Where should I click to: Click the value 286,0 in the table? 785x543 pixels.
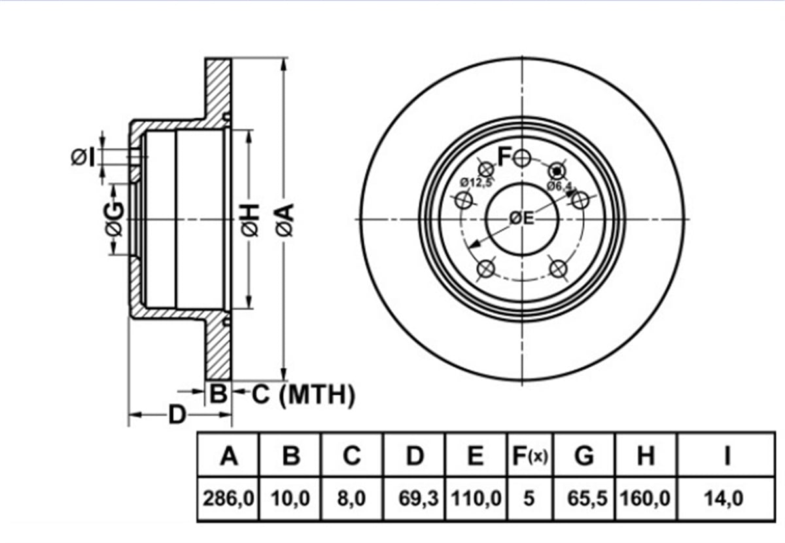(x=228, y=498)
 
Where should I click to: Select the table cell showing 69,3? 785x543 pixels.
(x=419, y=498)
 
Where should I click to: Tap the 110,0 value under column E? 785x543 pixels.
(x=476, y=498)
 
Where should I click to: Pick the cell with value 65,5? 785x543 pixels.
(x=587, y=498)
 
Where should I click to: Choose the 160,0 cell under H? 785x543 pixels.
(x=645, y=498)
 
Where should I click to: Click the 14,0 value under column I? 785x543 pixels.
(x=724, y=498)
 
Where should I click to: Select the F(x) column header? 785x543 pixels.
(x=529, y=455)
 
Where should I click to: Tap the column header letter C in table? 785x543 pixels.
(x=352, y=455)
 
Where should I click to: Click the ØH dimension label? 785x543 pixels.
(x=250, y=220)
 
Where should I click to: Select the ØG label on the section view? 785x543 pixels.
(x=114, y=219)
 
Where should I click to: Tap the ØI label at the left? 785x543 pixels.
(x=83, y=157)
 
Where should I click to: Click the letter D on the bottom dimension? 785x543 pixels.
(x=177, y=414)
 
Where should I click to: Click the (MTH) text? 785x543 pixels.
(x=317, y=395)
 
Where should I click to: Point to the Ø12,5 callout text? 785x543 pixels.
(x=476, y=182)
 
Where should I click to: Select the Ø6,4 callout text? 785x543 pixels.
(x=559, y=186)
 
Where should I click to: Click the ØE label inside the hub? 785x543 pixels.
(x=521, y=218)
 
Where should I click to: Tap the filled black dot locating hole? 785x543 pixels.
(x=557, y=171)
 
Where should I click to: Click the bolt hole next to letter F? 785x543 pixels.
(x=522, y=158)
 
